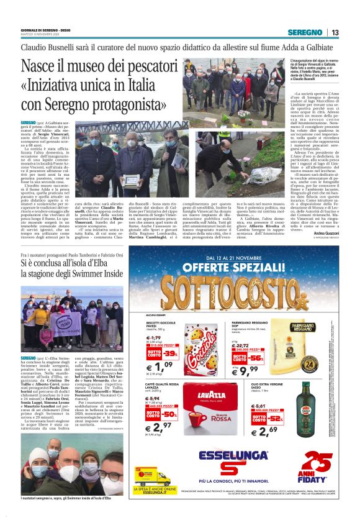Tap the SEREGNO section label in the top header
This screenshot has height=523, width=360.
(305, 32)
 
